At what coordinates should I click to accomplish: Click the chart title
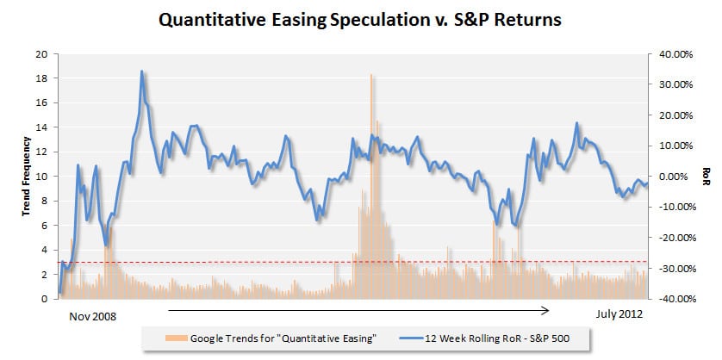pos(360,21)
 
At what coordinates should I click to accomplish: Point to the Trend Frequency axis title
pos(26,177)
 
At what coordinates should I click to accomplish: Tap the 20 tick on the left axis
pos(41,54)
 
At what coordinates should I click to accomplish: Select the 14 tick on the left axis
pos(41,127)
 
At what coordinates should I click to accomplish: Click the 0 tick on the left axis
pos(45,299)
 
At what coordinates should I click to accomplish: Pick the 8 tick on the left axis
pos(45,202)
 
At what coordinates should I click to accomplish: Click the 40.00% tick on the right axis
pos(673,54)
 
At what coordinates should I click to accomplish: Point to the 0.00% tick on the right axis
pos(675,177)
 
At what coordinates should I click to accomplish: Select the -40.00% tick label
pos(672,299)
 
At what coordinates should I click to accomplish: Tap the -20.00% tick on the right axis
pos(672,238)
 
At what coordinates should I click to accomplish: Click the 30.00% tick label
pos(673,84)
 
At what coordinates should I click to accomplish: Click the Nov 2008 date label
pos(93,317)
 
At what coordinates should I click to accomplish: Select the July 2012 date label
pos(619,314)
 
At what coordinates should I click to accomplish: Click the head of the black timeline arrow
pos(549,311)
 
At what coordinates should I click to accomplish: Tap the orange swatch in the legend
pos(176,338)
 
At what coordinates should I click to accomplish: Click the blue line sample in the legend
pos(408,338)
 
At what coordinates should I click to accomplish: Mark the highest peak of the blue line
pos(141,71)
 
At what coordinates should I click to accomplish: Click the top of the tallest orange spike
pos(370,75)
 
